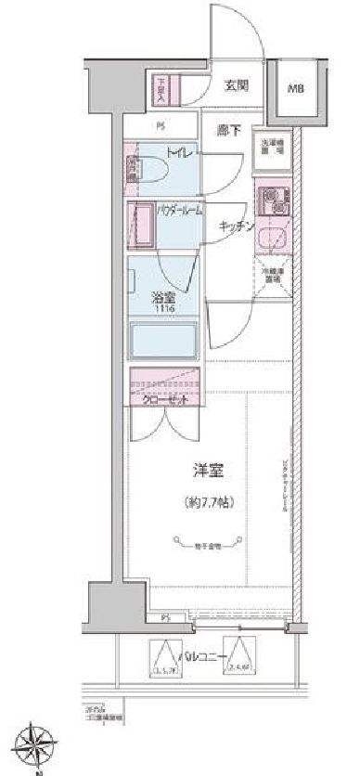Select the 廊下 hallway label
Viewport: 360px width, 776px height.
click(228, 132)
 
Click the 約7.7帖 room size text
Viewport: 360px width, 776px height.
click(205, 503)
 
